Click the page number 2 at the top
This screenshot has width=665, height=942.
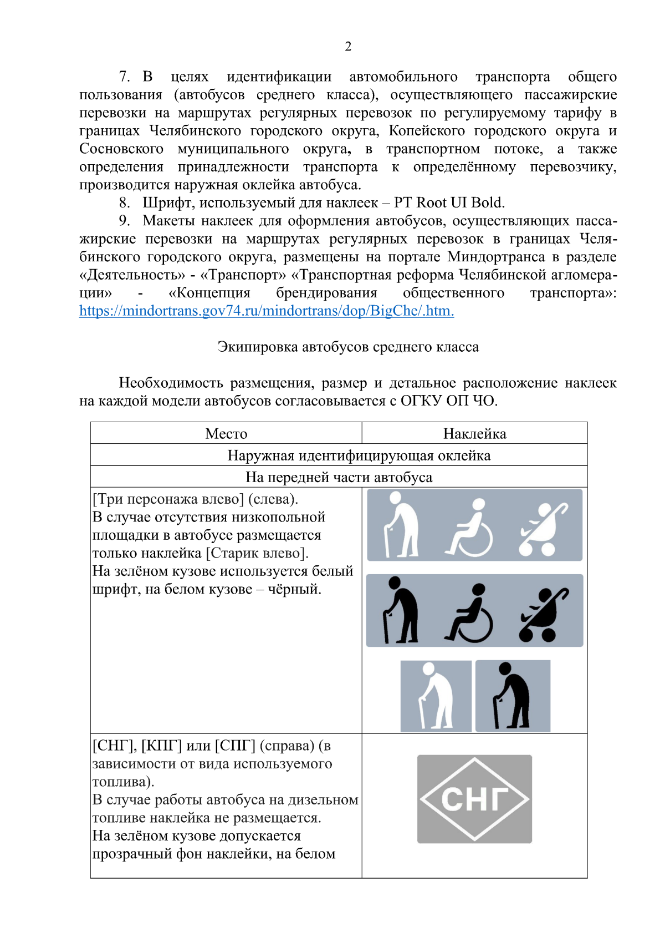pyautogui.click(x=348, y=46)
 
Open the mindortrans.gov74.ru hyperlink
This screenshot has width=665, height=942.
pyautogui.click(x=267, y=311)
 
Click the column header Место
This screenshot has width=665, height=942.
pyautogui.click(x=226, y=433)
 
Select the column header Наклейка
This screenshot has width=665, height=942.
pyautogui.click(x=474, y=433)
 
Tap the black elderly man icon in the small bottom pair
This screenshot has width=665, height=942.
pyautogui.click(x=513, y=696)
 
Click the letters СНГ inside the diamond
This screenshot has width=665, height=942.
pyautogui.click(x=475, y=799)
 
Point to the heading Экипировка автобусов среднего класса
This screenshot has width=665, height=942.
pyautogui.click(x=348, y=347)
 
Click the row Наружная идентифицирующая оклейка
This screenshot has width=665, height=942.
pyautogui.click(x=359, y=455)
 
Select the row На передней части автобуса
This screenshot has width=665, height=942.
pyautogui.click(x=339, y=477)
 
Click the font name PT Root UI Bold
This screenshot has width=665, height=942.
pyautogui.click(x=449, y=202)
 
